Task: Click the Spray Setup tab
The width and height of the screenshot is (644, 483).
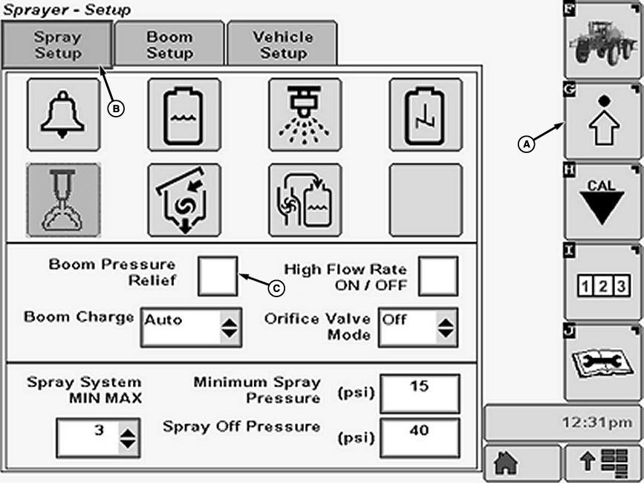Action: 57,45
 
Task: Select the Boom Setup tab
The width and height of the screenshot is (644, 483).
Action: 170,45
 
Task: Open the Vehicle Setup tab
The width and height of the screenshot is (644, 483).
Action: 282,45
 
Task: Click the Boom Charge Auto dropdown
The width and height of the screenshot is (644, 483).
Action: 191,327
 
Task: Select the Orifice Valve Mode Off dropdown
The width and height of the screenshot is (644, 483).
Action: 417,327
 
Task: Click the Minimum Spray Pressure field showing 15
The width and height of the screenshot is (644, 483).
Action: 420,393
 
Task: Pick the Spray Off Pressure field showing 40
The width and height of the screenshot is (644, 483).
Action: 420,437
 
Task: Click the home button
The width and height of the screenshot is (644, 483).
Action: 521,463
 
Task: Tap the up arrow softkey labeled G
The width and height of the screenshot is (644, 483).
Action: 601,119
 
